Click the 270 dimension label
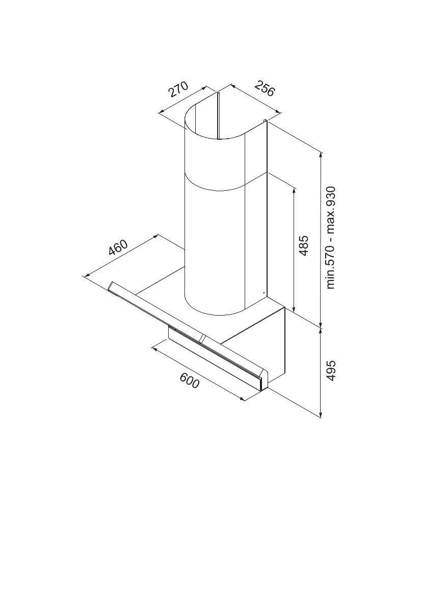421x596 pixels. tap(178, 90)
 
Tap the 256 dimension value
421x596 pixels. tap(264, 89)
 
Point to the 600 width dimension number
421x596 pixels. tap(189, 380)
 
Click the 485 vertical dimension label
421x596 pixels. tap(304, 246)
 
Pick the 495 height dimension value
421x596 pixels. tap(331, 370)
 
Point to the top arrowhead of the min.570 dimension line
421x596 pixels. tap(322, 156)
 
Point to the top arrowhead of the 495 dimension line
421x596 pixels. tap(322, 331)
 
